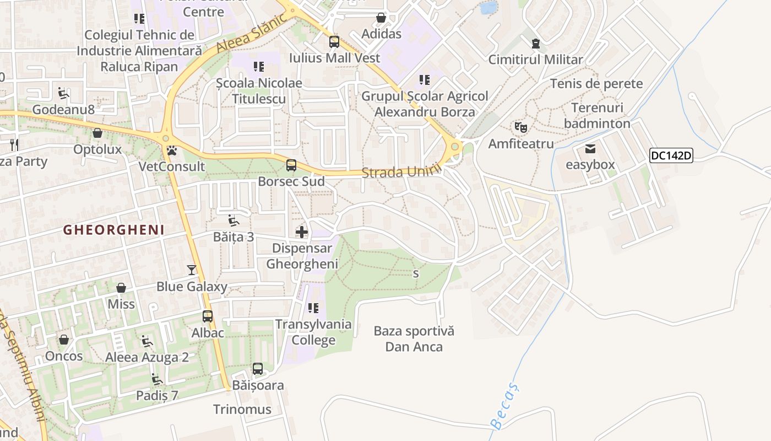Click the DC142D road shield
coord(671,155)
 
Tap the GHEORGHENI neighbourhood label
coord(114,230)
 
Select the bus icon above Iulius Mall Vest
coord(334,42)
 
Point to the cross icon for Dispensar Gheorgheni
coord(302,232)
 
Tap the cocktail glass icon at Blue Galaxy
coord(192,270)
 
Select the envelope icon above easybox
coord(590,149)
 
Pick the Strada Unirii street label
coord(402,171)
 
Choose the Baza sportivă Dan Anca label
coord(414,339)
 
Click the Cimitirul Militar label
coord(535,60)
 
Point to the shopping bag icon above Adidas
coord(381,18)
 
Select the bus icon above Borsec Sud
coord(291,165)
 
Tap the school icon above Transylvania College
coord(313,308)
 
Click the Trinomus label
coord(242,409)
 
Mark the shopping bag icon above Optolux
coord(97,133)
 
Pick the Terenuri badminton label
coord(597,115)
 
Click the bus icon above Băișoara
coord(258,369)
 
